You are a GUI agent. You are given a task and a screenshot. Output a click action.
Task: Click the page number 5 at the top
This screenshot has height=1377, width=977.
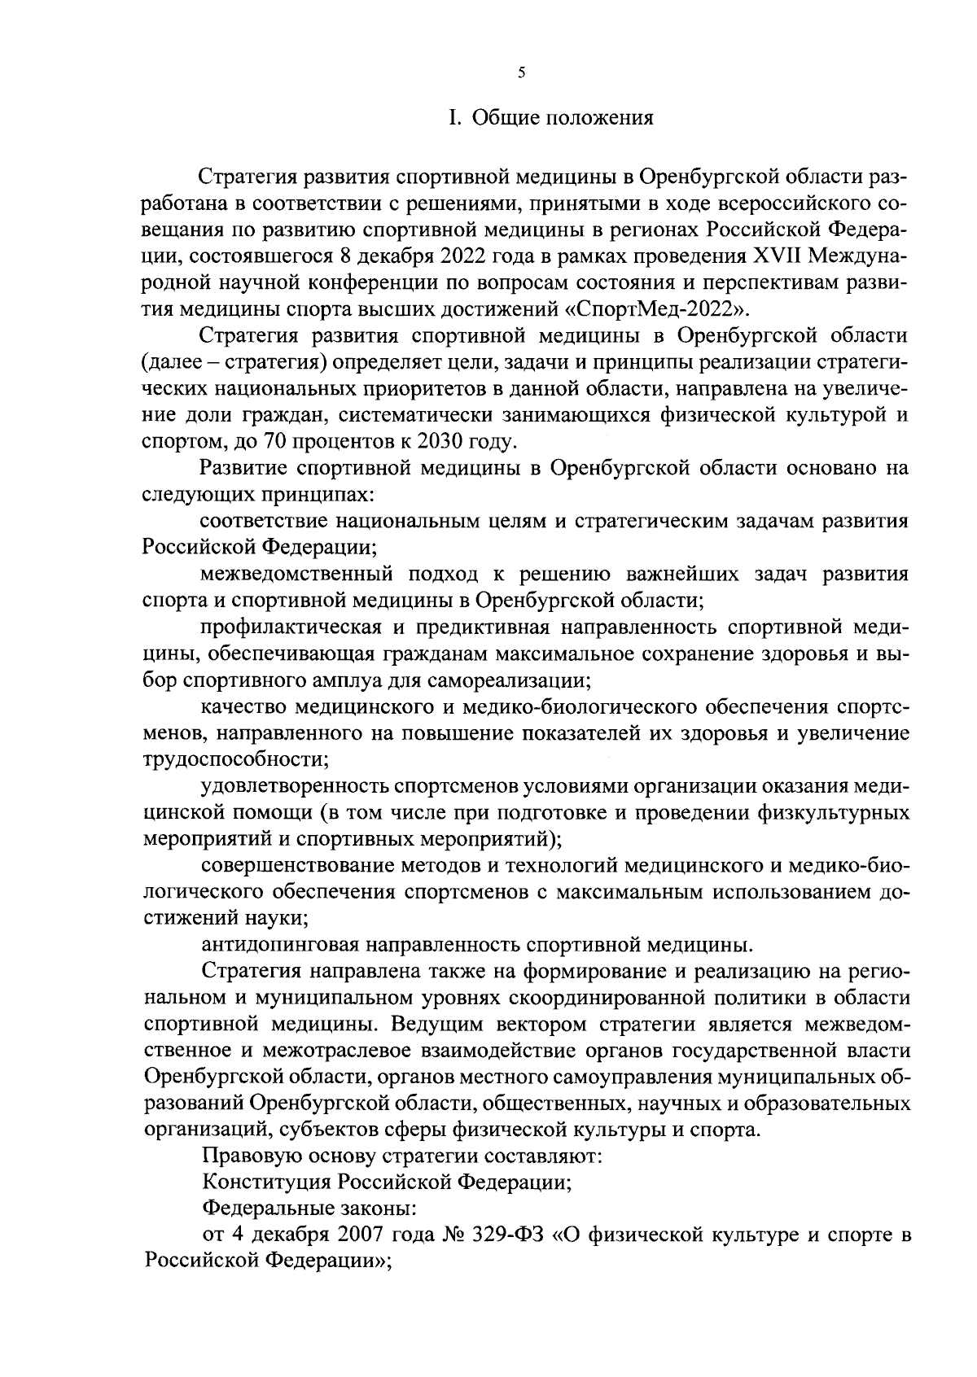tap(522, 73)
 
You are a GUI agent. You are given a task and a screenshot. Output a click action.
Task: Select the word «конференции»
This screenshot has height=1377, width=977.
tap(378, 284)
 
